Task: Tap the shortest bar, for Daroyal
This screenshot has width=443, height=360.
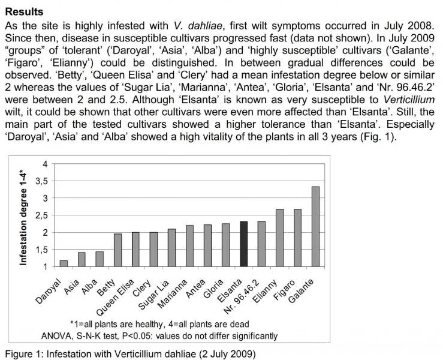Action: click(64, 263)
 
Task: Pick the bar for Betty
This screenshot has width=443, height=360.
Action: click(117, 250)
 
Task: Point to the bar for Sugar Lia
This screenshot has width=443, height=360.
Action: click(171, 248)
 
